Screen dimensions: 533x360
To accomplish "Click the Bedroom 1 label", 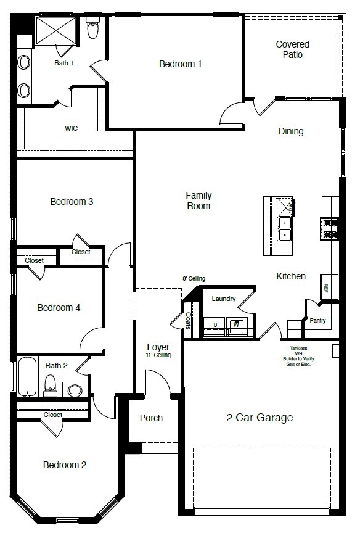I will coord(180,64).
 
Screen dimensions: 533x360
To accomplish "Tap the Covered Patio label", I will coord(292,49).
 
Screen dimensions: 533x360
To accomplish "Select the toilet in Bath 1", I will coord(93,28).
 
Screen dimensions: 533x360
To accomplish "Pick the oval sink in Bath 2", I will coord(75,389).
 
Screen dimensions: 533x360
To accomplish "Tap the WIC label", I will coord(71,129).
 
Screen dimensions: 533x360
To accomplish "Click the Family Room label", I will coord(198,200).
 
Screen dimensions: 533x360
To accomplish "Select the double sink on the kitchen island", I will coord(285,228).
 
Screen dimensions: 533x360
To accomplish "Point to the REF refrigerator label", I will coord(326,287).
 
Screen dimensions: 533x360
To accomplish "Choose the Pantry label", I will coord(317,320).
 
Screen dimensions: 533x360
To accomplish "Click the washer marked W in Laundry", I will coord(235,324).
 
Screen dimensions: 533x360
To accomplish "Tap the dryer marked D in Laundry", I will coord(215,324).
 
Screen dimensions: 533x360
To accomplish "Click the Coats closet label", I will coord(188,321).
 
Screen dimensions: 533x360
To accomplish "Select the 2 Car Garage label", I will coord(260,418).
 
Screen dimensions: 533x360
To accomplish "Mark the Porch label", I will coord(151,418).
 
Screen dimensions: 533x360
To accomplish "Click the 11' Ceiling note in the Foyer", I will coord(158,355).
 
